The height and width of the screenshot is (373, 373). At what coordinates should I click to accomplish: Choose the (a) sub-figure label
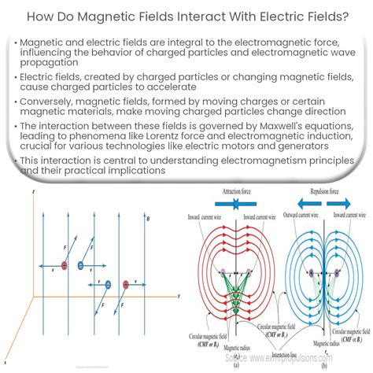coord(236,364)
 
